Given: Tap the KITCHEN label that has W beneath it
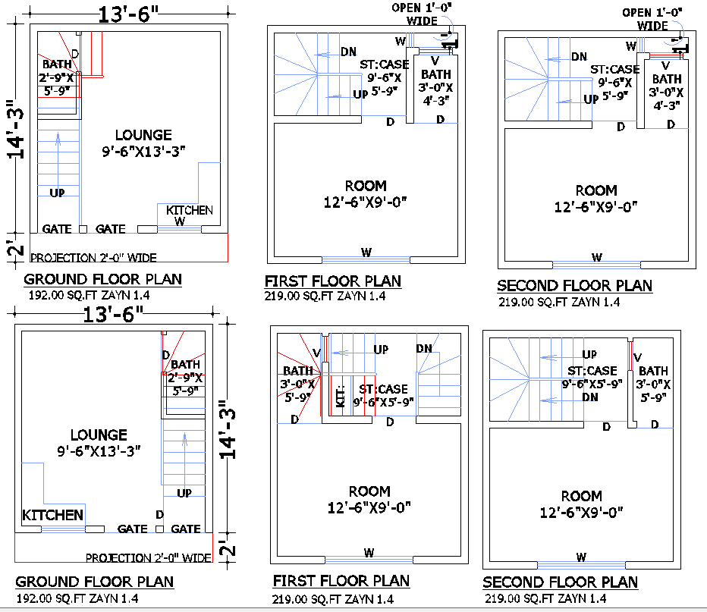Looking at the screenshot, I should [x=190, y=210].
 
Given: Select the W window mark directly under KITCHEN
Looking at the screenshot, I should [x=180, y=221].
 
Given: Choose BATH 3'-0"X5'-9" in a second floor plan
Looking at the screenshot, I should [x=653, y=383].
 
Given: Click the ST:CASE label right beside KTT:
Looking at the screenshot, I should [x=384, y=395].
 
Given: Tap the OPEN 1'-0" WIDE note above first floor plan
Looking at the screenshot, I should [x=421, y=14].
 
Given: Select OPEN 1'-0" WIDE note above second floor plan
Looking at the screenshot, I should [x=652, y=19].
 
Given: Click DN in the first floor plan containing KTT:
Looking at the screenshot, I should [x=424, y=348].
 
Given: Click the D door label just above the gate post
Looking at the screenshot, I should [x=159, y=514].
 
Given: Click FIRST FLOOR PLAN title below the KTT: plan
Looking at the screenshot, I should [x=341, y=581].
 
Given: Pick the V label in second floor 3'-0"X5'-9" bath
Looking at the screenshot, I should [x=637, y=357].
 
